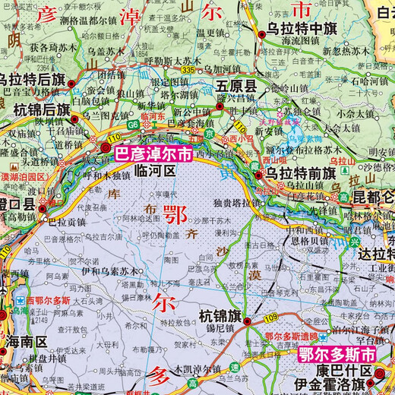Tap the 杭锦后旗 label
tap(34, 111)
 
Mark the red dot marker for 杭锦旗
tap(248, 321)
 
